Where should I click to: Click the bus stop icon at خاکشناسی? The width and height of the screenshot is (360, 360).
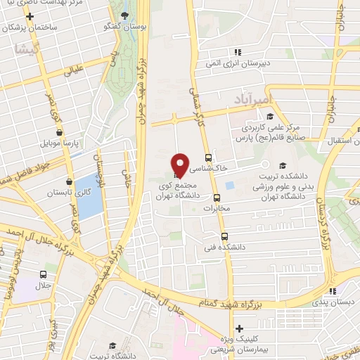point(207,157)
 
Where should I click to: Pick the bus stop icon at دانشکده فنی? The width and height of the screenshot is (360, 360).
point(224,236)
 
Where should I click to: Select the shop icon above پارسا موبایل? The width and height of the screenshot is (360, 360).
point(59,131)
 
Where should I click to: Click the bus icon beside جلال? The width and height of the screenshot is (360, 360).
point(44,275)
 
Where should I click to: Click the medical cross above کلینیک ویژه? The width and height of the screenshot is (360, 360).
point(240,328)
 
